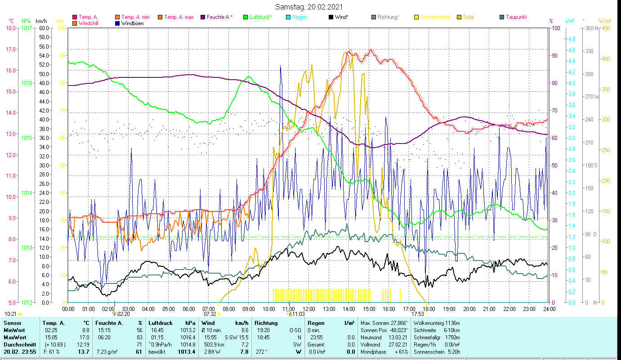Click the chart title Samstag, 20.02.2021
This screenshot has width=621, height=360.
[x=310, y=7]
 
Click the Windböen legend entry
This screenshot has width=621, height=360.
[x=132, y=23]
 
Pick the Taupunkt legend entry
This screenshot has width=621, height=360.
[x=516, y=17]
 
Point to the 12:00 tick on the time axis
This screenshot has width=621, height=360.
[x=308, y=309]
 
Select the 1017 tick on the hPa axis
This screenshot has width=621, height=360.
[x=26, y=28]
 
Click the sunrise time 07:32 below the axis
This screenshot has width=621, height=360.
[x=210, y=314]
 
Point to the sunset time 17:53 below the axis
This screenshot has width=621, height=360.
[x=418, y=314]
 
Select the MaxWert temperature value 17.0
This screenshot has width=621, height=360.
[x=85, y=337]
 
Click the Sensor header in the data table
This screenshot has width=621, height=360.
[x=12, y=323]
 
